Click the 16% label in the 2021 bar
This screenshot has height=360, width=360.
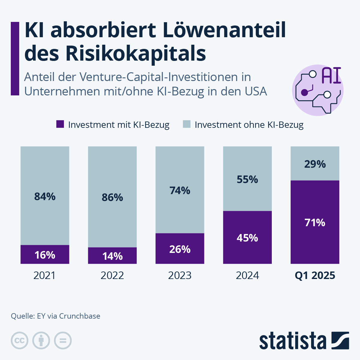[x=45, y=255]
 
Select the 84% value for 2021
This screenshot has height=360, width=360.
[x=45, y=196]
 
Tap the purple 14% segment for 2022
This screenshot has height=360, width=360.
[x=112, y=256]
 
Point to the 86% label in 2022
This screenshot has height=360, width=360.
[x=112, y=197]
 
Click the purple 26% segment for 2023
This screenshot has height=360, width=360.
[x=180, y=249]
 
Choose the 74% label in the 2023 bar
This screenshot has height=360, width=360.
[x=180, y=190]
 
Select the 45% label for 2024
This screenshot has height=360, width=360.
[x=247, y=238]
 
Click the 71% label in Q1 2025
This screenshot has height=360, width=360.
[x=315, y=223]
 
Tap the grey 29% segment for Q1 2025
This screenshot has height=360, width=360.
[x=315, y=164]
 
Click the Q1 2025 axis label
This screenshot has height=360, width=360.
[x=315, y=275]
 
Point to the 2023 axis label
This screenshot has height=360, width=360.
[x=180, y=275]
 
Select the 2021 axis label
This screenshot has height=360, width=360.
[x=45, y=275]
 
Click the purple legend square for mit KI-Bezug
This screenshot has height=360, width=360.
[x=60, y=124]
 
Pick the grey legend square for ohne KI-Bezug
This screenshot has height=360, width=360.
[x=187, y=124]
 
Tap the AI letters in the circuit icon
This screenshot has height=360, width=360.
[x=331, y=76]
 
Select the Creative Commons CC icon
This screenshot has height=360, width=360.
[x=19, y=340]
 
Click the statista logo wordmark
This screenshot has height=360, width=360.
[x=292, y=341]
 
